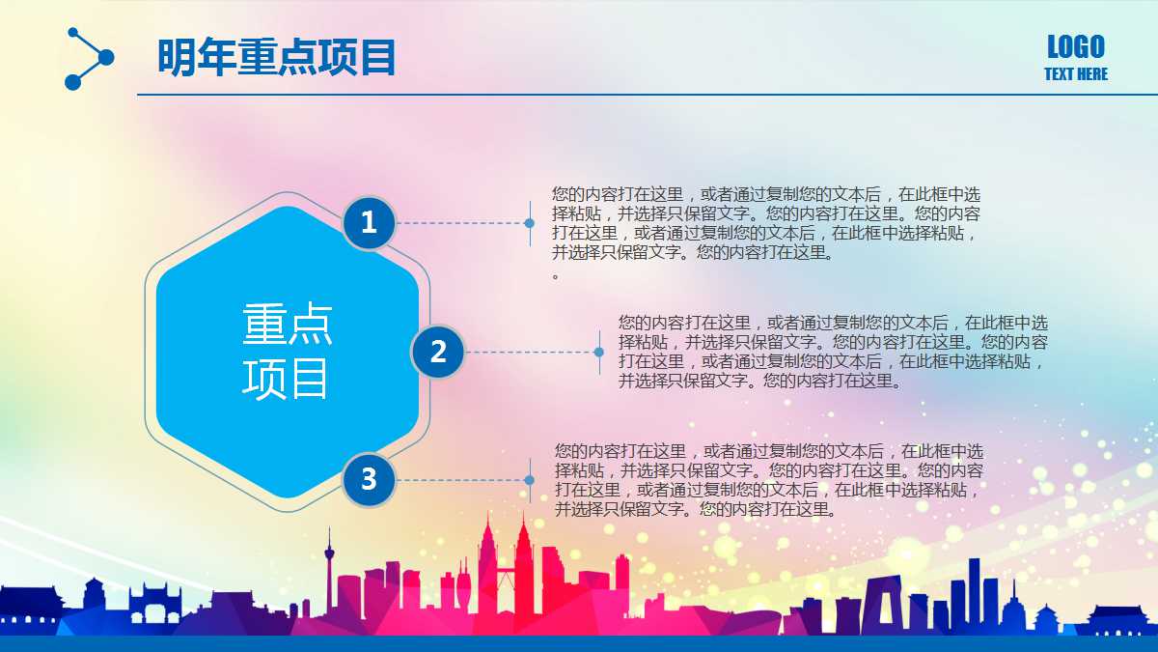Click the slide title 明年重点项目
pos(277,57)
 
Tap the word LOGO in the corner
pos(1076,47)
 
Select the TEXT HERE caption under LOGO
pos(1076,74)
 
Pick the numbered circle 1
pos(369,223)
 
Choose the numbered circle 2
pos(438,352)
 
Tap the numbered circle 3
pos(369,480)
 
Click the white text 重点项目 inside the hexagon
pos(287,351)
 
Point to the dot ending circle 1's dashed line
pos(530,223)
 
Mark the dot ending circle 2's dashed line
pos(598,353)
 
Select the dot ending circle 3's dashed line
pos(530,480)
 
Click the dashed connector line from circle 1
pos(461,223)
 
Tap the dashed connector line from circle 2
pos(531,353)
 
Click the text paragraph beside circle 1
pos(765,223)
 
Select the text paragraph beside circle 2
pos(833,352)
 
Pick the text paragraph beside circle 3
pos(769,480)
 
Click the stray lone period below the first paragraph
pos(556,277)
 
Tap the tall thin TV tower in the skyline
pos(329,569)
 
